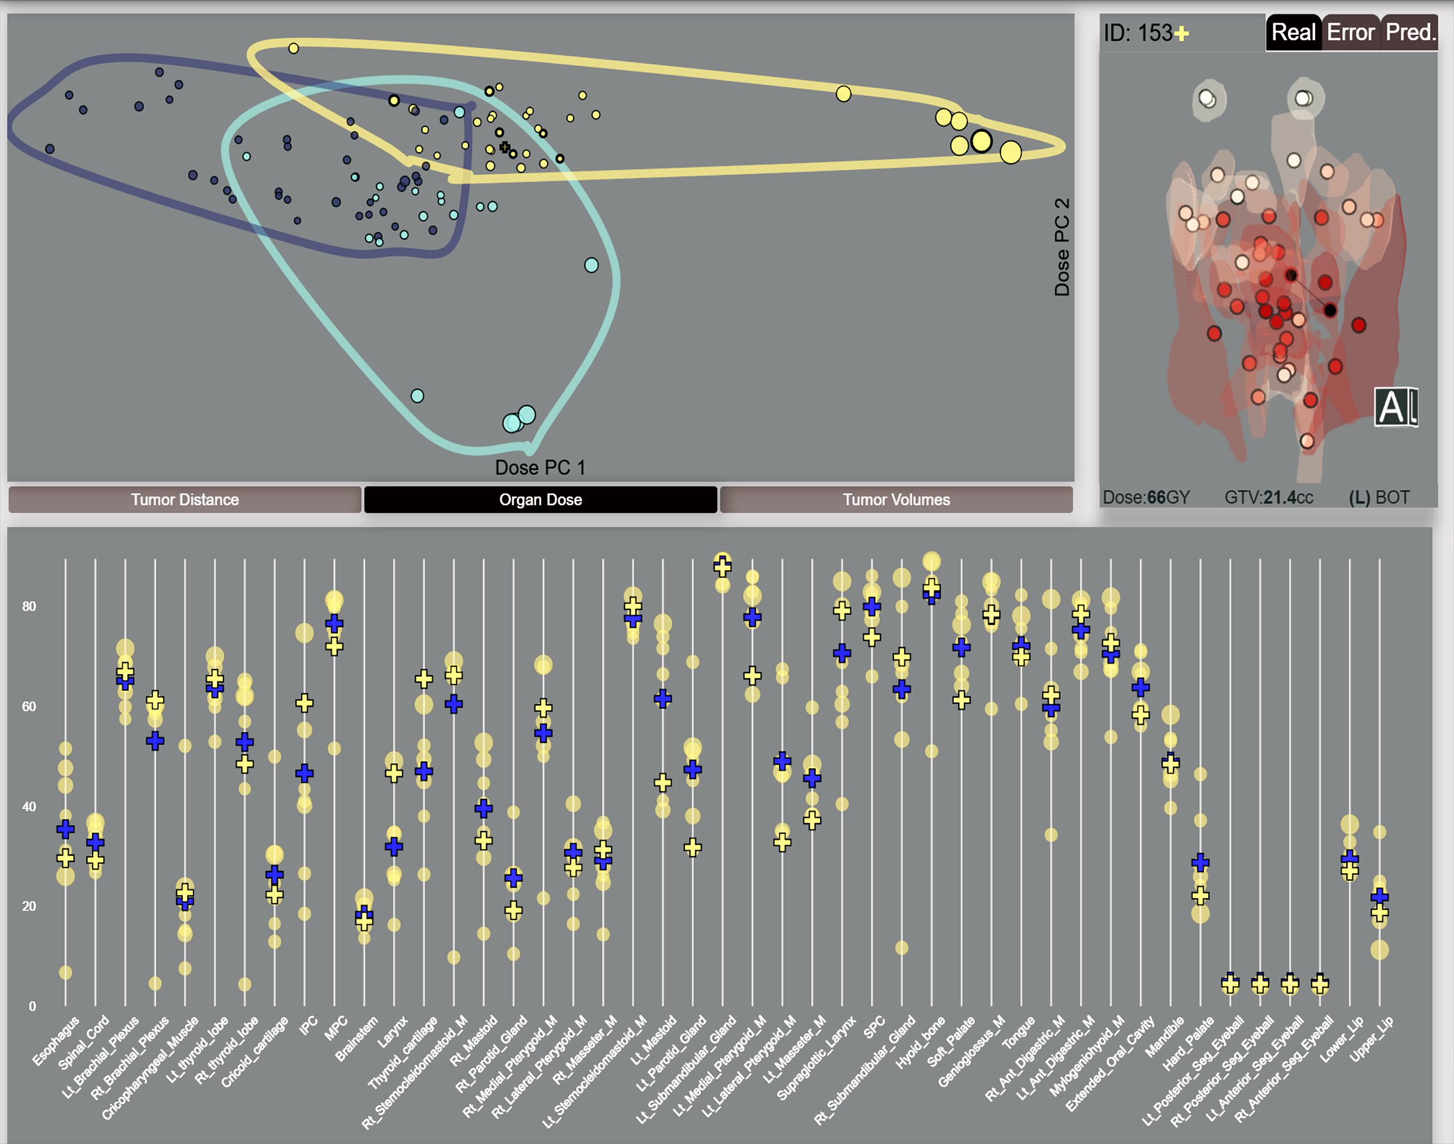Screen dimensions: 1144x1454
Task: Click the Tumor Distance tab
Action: (185, 500)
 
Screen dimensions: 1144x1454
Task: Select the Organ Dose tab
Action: (541, 500)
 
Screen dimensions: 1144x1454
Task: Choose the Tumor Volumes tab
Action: (896, 500)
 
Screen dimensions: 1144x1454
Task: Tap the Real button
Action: (1293, 32)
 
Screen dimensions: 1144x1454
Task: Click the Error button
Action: (1351, 32)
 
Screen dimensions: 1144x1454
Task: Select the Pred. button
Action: (1410, 32)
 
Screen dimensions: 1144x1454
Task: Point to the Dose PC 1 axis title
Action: (540, 467)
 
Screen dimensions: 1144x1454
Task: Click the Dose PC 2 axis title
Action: (1062, 247)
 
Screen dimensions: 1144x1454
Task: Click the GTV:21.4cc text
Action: (1268, 498)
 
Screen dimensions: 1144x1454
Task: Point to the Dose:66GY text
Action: (1146, 498)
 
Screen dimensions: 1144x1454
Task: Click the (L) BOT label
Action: (1379, 498)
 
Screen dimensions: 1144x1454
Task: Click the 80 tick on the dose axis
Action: (29, 606)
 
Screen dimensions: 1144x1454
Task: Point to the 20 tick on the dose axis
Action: (29, 906)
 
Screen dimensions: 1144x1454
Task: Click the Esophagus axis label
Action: (56, 1041)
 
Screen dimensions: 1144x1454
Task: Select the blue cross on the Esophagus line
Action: (65, 829)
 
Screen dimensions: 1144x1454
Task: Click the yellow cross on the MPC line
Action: (334, 646)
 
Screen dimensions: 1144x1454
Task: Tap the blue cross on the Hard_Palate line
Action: (1200, 862)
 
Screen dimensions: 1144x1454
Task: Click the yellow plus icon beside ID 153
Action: (1181, 34)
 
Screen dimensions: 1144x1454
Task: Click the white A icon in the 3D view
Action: (1395, 407)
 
